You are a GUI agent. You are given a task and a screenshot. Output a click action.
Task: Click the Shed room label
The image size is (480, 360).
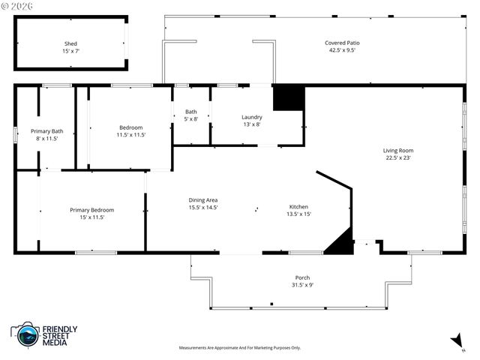point(70,43)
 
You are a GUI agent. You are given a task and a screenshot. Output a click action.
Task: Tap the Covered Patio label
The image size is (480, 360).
point(342,43)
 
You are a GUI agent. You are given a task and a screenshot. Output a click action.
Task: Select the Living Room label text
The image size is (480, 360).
point(398,150)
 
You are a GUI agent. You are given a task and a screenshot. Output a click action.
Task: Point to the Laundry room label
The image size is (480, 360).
point(251,117)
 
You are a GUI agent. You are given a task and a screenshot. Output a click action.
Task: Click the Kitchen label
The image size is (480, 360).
point(299,207)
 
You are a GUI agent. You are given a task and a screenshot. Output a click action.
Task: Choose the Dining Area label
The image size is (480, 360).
point(202,199)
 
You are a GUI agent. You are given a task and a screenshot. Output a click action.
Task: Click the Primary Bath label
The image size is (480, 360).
point(46,131)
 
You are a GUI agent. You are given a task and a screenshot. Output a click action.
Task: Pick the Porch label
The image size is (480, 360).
point(302,277)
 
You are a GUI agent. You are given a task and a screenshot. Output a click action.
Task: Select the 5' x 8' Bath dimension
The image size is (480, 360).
point(191,118)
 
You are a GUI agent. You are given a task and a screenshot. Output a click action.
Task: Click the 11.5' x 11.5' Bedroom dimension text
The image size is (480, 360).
point(131,134)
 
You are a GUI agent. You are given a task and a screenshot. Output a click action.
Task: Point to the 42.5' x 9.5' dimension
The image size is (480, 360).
point(342,50)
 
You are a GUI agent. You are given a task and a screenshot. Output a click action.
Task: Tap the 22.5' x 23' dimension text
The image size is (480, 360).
point(398,157)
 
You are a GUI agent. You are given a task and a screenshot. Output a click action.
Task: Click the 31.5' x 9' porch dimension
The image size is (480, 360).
point(302,285)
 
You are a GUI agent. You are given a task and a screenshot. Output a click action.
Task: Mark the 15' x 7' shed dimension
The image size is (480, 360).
point(70,51)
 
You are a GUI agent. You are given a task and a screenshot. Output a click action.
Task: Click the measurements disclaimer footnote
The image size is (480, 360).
point(239,348)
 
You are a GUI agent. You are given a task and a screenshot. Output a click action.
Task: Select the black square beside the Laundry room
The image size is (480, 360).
point(288,98)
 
